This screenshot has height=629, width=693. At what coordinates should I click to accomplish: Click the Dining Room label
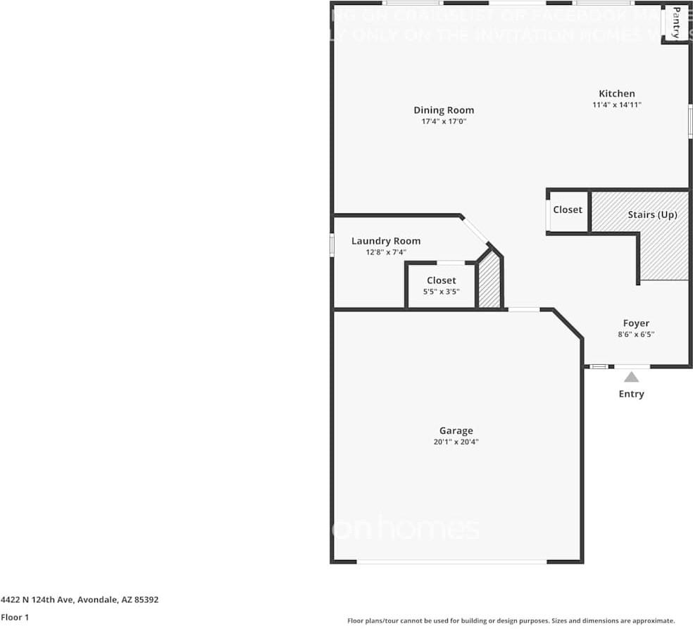pyautogui.click(x=444, y=110)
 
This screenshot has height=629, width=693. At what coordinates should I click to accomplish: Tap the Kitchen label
pyautogui.click(x=617, y=94)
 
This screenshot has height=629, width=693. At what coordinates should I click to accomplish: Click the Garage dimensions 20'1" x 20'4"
pyautogui.click(x=456, y=442)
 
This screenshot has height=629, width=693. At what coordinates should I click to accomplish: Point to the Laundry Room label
pyautogui.click(x=386, y=241)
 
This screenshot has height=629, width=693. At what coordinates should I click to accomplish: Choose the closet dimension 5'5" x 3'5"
pyautogui.click(x=442, y=291)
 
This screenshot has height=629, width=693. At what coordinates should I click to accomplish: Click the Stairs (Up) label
pyautogui.click(x=652, y=214)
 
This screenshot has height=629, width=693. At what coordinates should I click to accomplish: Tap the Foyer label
pyautogui.click(x=636, y=323)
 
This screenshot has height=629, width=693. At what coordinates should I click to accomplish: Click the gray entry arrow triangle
pyautogui.click(x=632, y=377)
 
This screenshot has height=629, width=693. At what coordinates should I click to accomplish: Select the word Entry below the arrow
pyautogui.click(x=632, y=394)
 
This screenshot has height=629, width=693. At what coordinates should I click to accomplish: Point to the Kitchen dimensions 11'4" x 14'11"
pyautogui.click(x=617, y=105)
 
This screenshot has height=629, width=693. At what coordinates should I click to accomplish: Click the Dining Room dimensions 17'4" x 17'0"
pyautogui.click(x=444, y=121)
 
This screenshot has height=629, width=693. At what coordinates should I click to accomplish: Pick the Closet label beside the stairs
pyautogui.click(x=568, y=210)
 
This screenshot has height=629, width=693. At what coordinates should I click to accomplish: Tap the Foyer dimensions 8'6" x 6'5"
pyautogui.click(x=636, y=335)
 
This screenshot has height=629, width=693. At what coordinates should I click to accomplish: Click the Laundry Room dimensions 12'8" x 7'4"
pyautogui.click(x=386, y=251)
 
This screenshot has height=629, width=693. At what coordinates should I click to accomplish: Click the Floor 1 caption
pyautogui.click(x=15, y=617)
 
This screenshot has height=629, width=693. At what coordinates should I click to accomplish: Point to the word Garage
pyautogui.click(x=456, y=431)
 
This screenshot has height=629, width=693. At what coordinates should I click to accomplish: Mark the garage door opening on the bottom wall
pyautogui.click(x=451, y=561)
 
